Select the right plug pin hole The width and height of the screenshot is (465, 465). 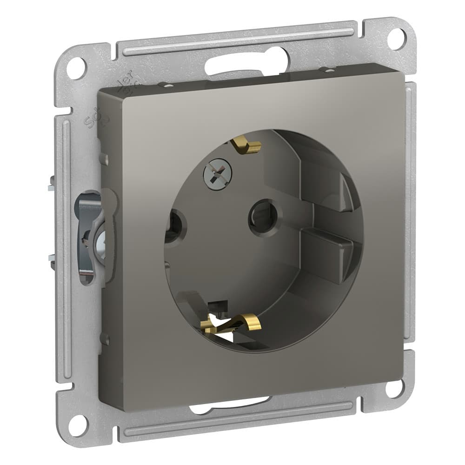[263, 215]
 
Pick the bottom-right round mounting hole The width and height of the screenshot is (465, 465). [395, 387]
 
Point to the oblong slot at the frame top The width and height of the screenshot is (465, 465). [246, 63]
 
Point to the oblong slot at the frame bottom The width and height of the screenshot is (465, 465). [230, 406]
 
